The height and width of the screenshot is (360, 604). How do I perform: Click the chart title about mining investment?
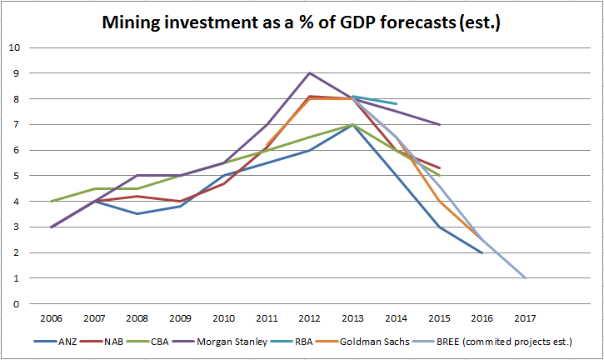[x=302, y=22]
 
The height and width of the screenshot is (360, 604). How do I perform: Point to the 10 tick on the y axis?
[x=14, y=47]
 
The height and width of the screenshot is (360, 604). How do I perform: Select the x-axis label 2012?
[x=310, y=317]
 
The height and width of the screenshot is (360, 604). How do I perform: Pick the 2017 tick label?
[x=526, y=317]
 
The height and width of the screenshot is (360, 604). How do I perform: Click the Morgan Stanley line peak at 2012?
[x=310, y=73]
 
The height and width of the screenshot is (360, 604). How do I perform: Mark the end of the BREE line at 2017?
[x=526, y=278]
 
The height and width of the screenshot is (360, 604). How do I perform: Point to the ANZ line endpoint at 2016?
[x=482, y=252]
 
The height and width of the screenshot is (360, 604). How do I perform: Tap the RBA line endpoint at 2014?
[x=396, y=104]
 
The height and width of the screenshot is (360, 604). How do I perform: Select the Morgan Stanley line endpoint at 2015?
[x=439, y=124]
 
